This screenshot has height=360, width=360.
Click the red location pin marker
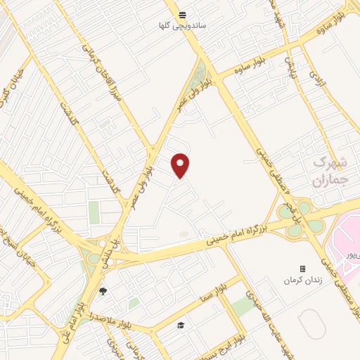click(x=181, y=165)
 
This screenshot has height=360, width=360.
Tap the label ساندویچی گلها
click(x=182, y=26)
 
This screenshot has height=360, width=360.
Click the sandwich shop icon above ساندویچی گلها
click(x=182, y=15)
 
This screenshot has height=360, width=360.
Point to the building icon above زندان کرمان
click(x=302, y=269)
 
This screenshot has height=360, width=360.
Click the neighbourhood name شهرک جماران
click(x=329, y=170)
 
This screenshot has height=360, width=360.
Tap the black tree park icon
click(x=103, y=291)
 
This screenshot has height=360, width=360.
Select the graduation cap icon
click(x=181, y=325)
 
